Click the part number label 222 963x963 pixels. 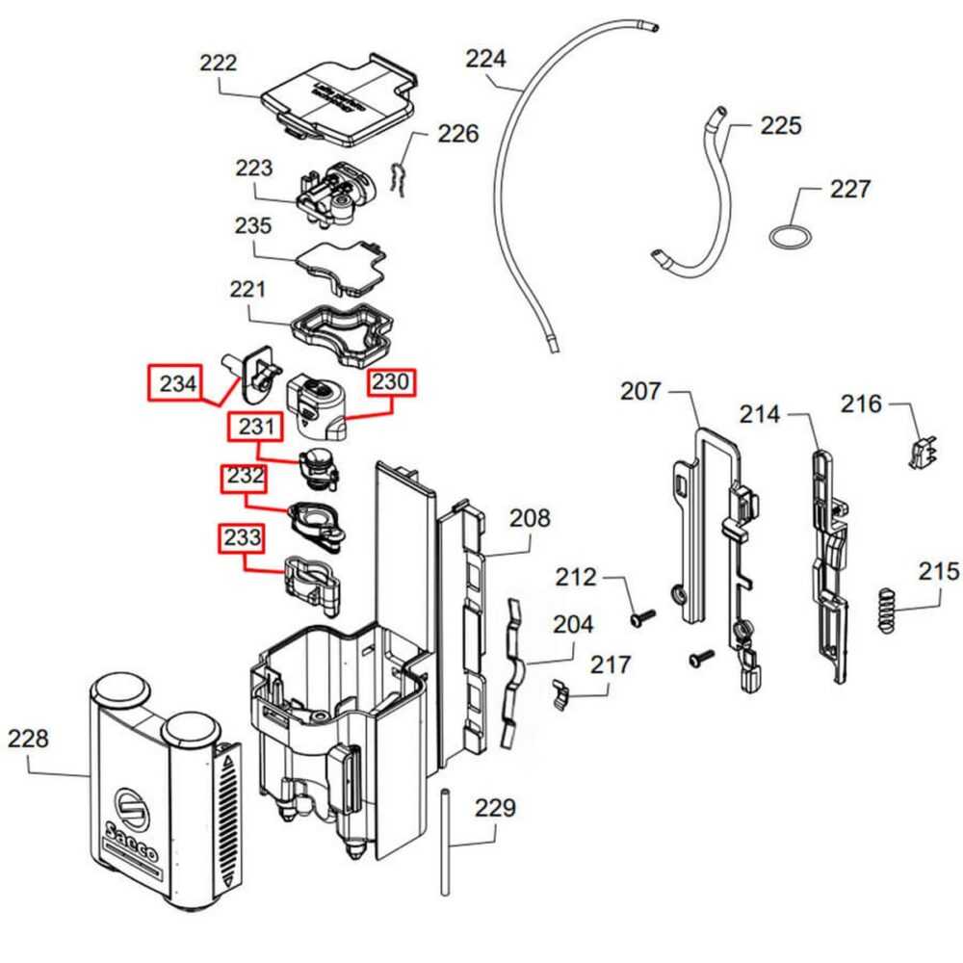[x=219, y=64]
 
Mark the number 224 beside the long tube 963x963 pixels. [x=486, y=59]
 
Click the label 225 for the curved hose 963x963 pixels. [x=780, y=125]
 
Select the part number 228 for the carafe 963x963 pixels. [x=28, y=739]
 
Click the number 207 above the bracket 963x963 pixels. [x=641, y=391]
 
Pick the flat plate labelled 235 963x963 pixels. [x=342, y=268]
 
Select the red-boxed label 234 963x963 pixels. [x=177, y=384]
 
